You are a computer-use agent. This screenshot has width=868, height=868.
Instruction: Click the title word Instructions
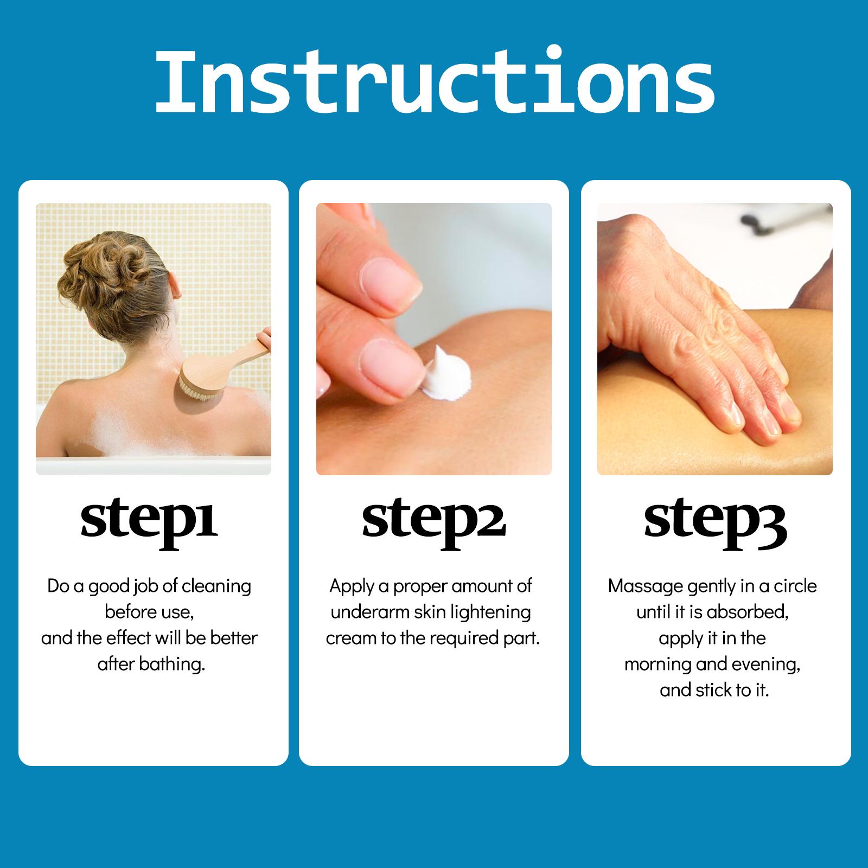(435, 81)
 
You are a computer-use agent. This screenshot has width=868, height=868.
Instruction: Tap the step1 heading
(149, 524)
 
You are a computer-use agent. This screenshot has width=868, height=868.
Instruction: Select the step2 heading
(433, 524)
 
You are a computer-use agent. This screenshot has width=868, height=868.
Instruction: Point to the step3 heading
(715, 524)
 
